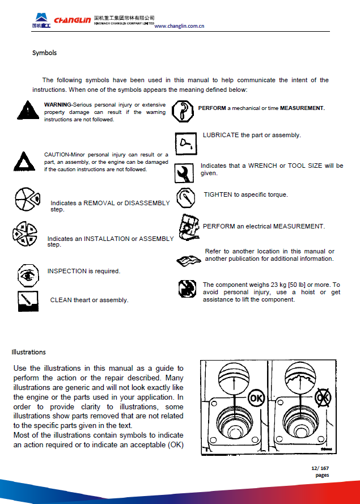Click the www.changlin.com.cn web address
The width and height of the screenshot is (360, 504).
click(179, 26)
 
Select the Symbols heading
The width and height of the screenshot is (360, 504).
click(44, 53)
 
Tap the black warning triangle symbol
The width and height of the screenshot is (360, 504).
click(26, 110)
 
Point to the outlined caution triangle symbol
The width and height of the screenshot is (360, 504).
click(23, 162)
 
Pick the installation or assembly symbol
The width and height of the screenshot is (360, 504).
click(24, 234)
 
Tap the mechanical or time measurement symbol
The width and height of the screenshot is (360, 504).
click(183, 111)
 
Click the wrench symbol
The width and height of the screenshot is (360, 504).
click(184, 172)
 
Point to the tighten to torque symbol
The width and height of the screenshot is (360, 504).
click(185, 198)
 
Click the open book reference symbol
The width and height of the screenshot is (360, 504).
click(188, 260)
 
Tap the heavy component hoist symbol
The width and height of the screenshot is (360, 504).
click(187, 289)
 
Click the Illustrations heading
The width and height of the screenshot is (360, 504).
click(28, 352)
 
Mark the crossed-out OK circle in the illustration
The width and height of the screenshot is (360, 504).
click(323, 397)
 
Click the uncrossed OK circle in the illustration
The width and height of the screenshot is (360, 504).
click(256, 397)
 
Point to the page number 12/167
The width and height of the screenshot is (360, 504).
click(320, 468)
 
